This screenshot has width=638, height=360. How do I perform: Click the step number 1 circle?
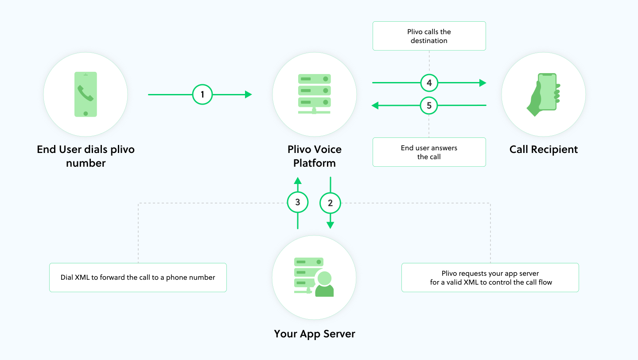(x=202, y=94)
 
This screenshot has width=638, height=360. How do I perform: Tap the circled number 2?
(x=330, y=203)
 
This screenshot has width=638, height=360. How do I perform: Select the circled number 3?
(x=298, y=202)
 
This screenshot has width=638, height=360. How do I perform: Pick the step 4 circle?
(x=429, y=82)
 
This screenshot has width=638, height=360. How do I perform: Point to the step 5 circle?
(x=429, y=106)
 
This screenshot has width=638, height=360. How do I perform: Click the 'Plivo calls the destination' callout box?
(x=429, y=36)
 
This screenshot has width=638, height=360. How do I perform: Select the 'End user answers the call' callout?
(x=429, y=152)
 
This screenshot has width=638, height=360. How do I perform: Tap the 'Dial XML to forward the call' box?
(x=138, y=278)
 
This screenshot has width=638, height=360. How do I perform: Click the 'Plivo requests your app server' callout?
(x=490, y=278)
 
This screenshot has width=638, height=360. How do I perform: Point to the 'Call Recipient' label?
(x=544, y=149)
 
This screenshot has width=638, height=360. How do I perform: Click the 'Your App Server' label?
(x=315, y=334)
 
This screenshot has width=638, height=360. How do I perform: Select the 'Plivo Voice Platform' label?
(x=315, y=156)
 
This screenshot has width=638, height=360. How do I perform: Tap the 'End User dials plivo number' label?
(x=86, y=156)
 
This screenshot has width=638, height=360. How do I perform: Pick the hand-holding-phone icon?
(x=544, y=94)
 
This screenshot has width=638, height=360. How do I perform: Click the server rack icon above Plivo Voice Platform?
(x=314, y=94)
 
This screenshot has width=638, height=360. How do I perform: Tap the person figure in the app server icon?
(x=324, y=284)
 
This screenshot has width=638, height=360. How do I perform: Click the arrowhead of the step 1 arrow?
(x=249, y=94)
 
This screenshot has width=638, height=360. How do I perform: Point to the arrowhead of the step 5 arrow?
(x=375, y=106)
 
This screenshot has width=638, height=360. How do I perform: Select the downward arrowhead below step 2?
(x=330, y=225)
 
